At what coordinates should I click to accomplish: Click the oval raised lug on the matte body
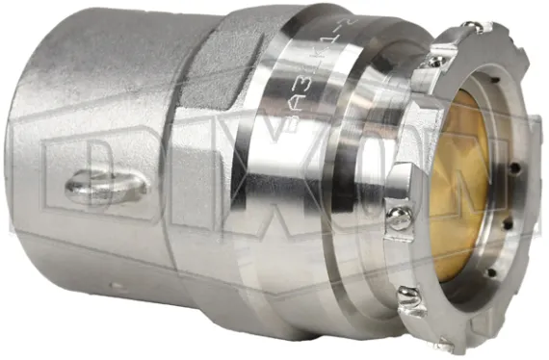tap(107, 185)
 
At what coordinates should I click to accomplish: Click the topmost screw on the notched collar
tap(474, 29)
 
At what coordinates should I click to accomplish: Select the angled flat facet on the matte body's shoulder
tap(217, 72)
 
